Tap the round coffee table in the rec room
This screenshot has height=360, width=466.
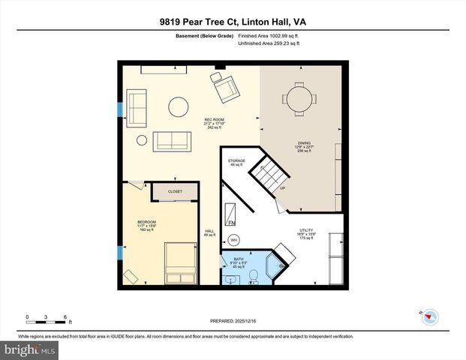point(178,106)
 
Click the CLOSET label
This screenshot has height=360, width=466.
point(175,192)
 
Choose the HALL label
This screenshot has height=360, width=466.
point(209,231)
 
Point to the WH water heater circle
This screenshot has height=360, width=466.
point(233,240)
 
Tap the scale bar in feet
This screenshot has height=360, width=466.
point(47,321)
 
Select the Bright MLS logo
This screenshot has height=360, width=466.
point(29,349)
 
